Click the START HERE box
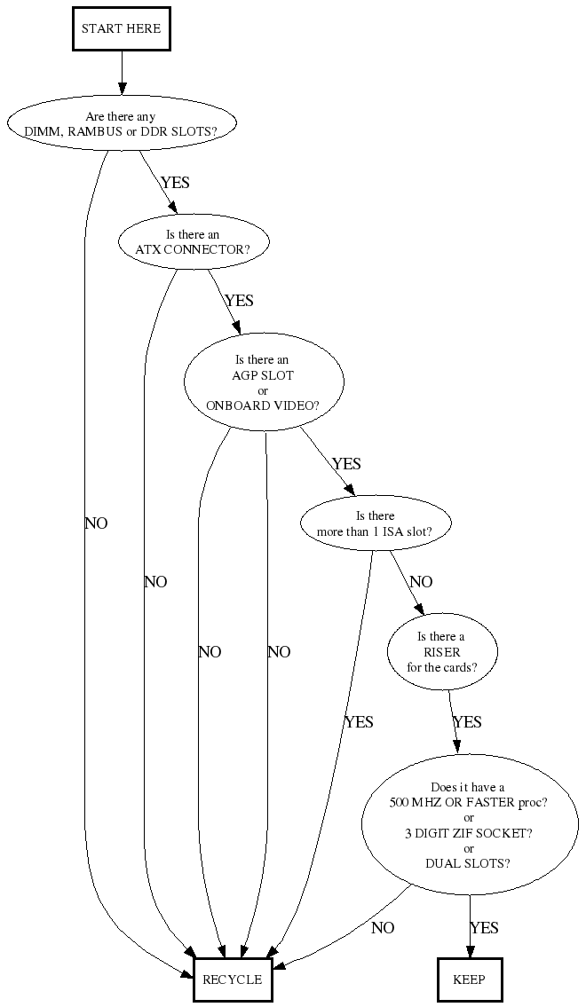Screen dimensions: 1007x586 [121, 28]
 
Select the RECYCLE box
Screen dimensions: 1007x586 [232, 979]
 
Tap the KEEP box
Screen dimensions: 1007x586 [470, 979]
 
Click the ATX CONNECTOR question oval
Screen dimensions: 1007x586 [193, 242]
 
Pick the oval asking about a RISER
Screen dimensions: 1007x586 [441, 652]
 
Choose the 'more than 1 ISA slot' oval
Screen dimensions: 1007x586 [376, 523]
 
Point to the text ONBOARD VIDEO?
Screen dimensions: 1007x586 [263, 405]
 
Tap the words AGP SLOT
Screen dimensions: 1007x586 [263, 375]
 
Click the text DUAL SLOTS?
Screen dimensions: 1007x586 [468, 863]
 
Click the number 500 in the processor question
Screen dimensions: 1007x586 [400, 803]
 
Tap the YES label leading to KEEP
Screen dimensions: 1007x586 [484, 928]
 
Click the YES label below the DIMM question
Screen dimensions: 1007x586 [175, 183]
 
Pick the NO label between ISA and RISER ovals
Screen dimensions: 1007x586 [421, 582]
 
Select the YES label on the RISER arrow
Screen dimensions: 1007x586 [467, 722]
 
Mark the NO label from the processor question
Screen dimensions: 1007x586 [383, 928]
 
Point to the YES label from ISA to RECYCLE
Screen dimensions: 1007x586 [359, 722]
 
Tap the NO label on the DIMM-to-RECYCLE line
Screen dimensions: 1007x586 [96, 523]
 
